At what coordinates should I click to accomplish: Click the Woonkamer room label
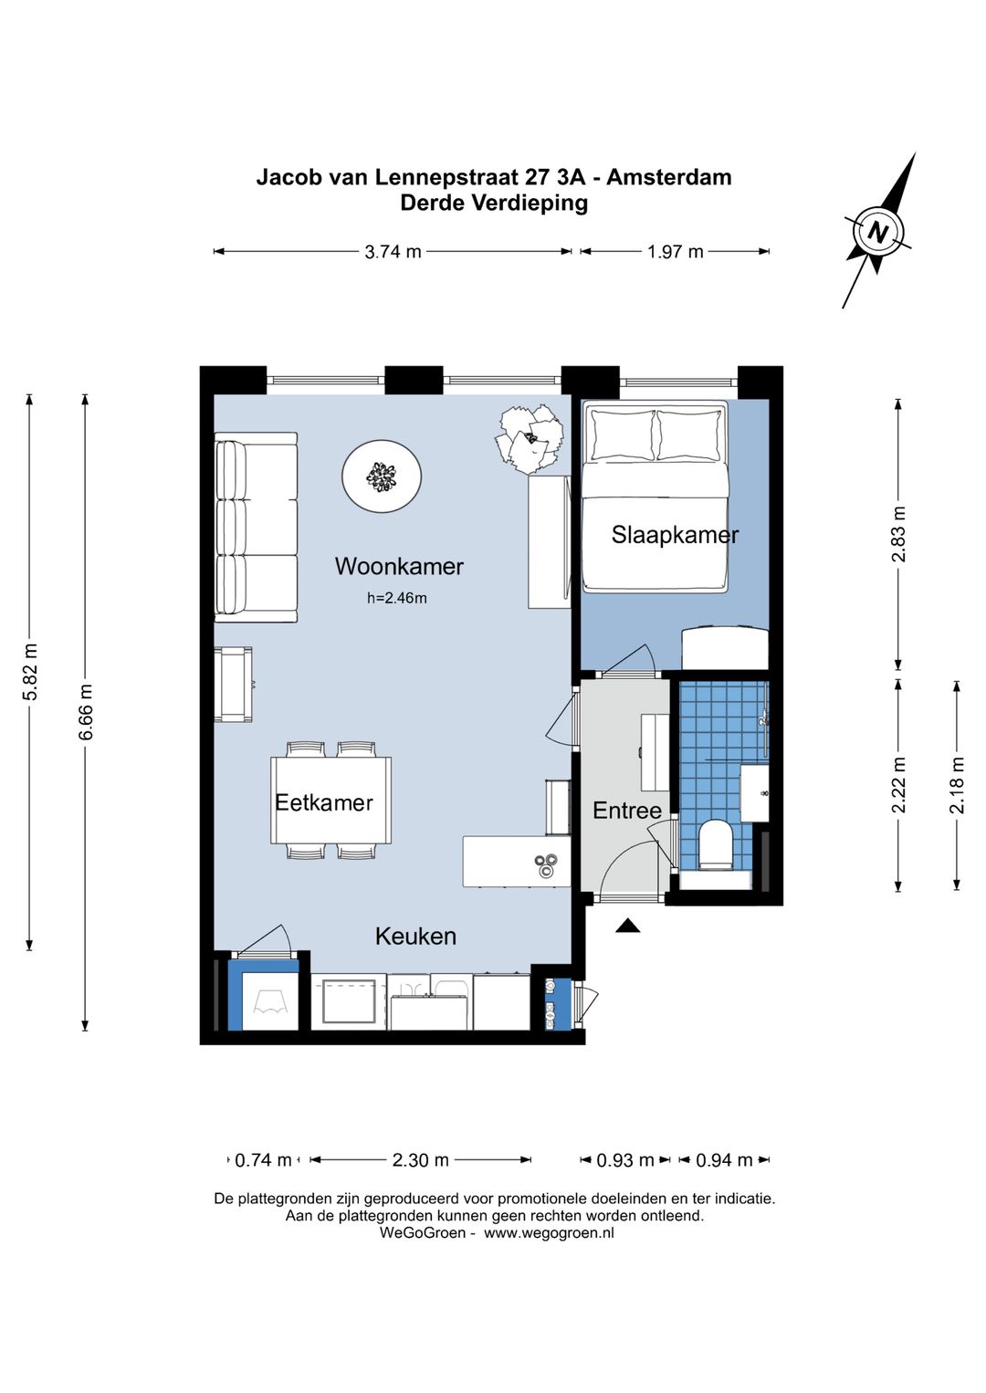pos(399,567)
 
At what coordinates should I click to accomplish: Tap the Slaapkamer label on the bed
pos(675,535)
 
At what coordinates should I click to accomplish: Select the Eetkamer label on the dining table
pos(324,802)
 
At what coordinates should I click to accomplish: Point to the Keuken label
pos(415,937)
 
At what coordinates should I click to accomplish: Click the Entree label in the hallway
pos(627,811)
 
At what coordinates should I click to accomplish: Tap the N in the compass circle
pos(877,232)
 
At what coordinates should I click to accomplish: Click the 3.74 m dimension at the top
pos(393,252)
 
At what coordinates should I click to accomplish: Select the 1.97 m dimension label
pos(675,252)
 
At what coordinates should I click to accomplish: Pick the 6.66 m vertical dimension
pos(86,712)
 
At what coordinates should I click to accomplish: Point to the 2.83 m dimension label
pos(898,535)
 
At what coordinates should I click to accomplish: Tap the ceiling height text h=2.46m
pos(397,598)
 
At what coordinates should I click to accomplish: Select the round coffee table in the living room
pos(382,477)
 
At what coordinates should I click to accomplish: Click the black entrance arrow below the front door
pos(628,926)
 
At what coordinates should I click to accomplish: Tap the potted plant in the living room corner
pos(530,436)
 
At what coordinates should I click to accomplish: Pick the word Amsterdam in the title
pos(668,178)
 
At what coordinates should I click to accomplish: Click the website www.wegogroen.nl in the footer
pos(549,1233)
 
